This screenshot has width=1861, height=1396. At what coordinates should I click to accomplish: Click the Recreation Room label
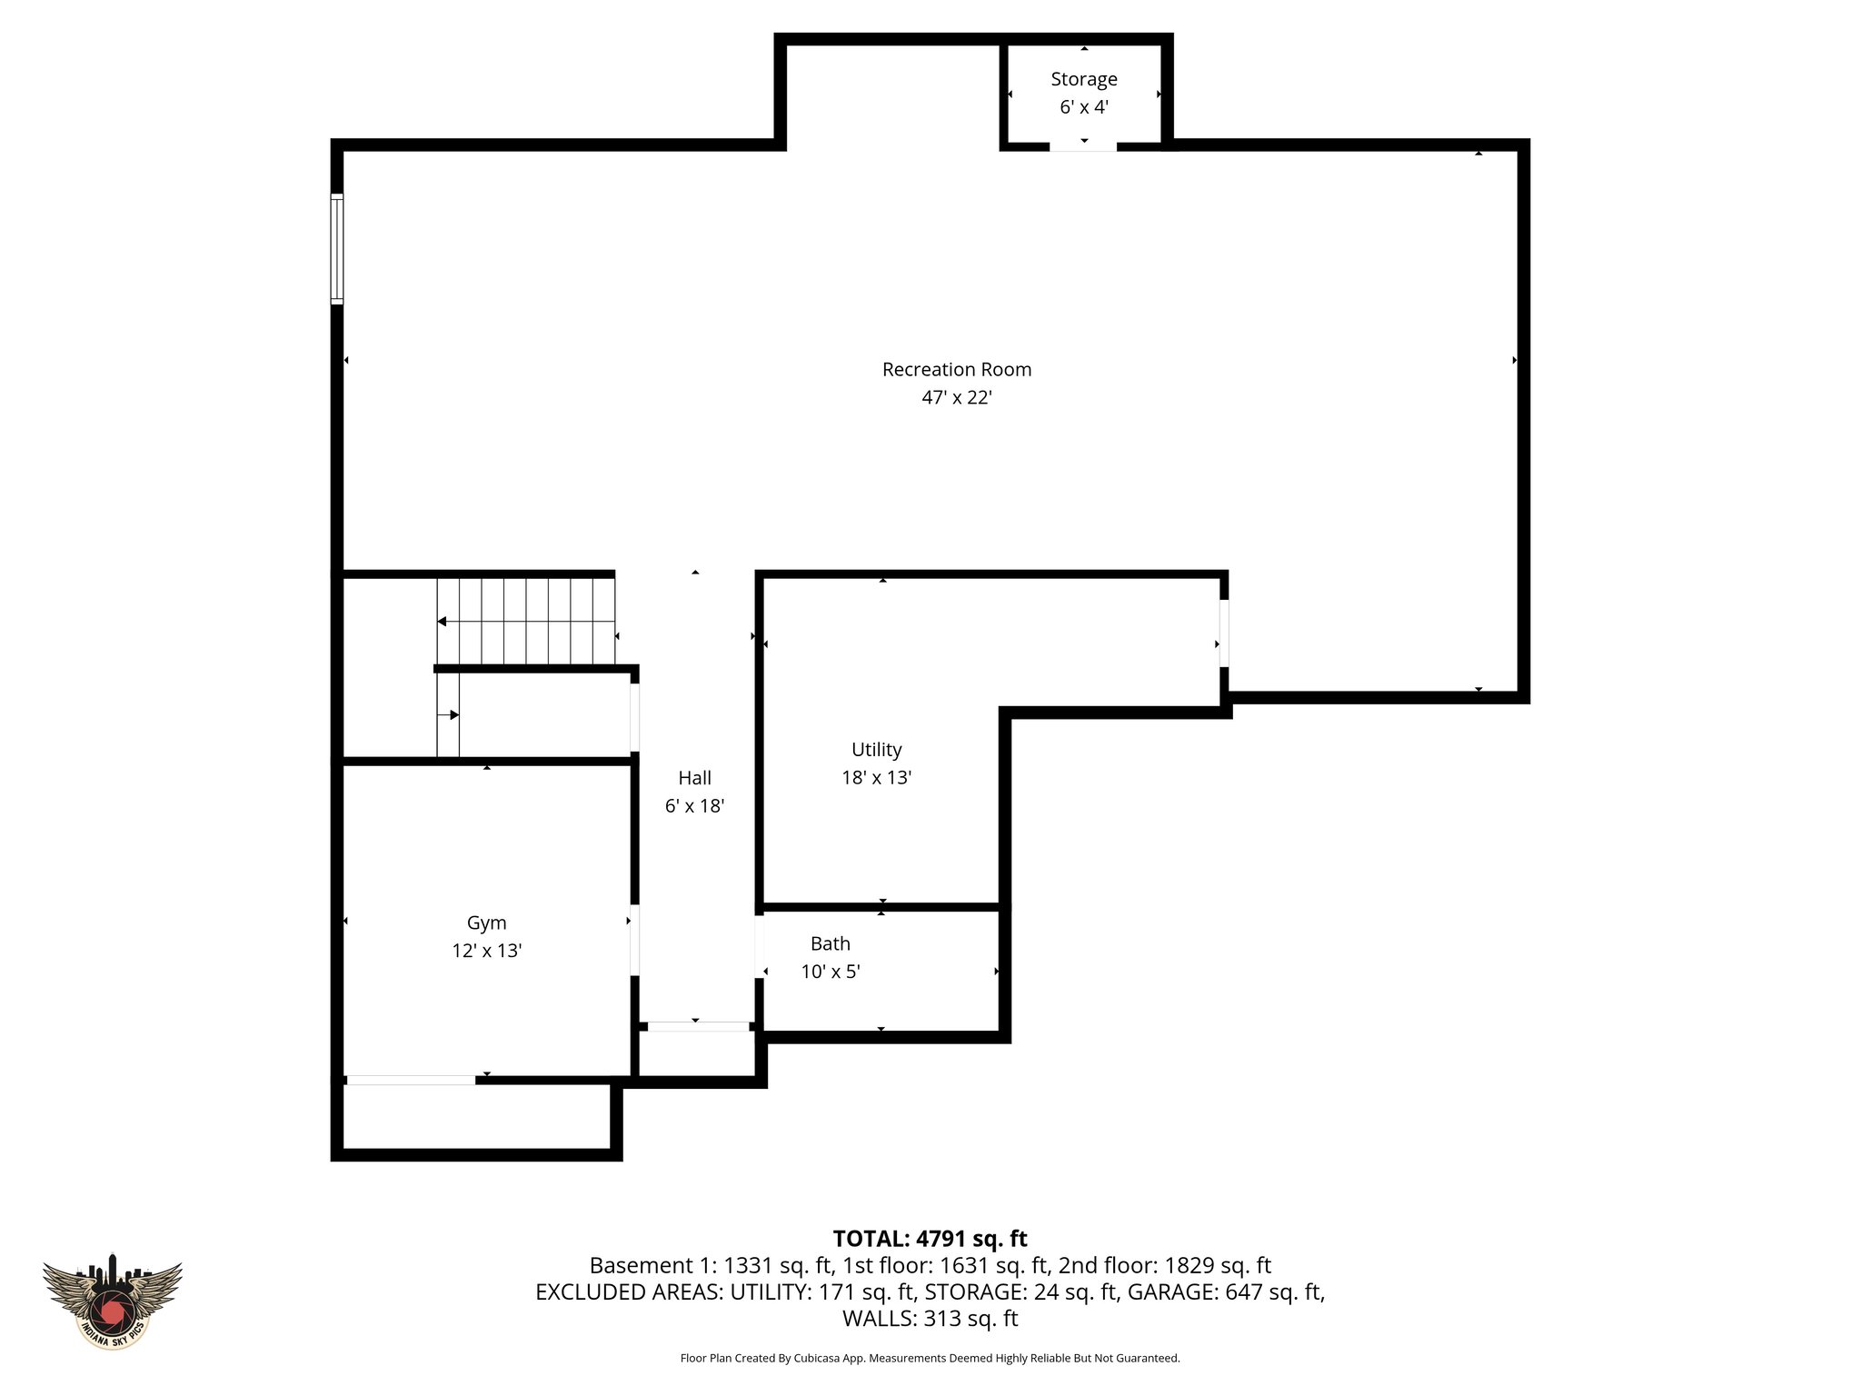click(956, 370)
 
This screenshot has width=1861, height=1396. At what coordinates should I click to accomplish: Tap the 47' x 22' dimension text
click(956, 398)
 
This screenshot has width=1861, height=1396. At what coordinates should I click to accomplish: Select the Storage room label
click(1083, 79)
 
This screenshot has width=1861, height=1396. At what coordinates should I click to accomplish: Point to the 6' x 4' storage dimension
click(1083, 107)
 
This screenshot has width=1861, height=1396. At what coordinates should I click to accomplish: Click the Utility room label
click(876, 750)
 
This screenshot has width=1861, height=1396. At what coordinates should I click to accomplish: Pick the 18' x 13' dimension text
click(876, 778)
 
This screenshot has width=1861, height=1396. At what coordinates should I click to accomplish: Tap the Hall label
click(694, 778)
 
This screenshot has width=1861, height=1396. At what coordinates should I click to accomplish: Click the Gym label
click(486, 923)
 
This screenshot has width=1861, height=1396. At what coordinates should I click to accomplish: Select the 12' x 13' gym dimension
click(486, 952)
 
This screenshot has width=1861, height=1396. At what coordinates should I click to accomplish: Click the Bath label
click(830, 944)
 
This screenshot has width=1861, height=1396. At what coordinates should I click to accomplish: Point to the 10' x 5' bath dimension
click(830, 972)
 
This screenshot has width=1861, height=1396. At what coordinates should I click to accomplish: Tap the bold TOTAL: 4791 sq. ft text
click(930, 1239)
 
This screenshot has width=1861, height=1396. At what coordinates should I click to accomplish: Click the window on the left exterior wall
click(337, 248)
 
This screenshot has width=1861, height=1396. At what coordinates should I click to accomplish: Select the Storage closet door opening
click(1083, 146)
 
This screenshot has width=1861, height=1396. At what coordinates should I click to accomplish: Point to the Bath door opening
click(760, 946)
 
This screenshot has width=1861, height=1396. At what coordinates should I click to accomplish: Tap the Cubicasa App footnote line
click(930, 1359)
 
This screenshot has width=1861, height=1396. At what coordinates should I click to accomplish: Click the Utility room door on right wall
click(1224, 633)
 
